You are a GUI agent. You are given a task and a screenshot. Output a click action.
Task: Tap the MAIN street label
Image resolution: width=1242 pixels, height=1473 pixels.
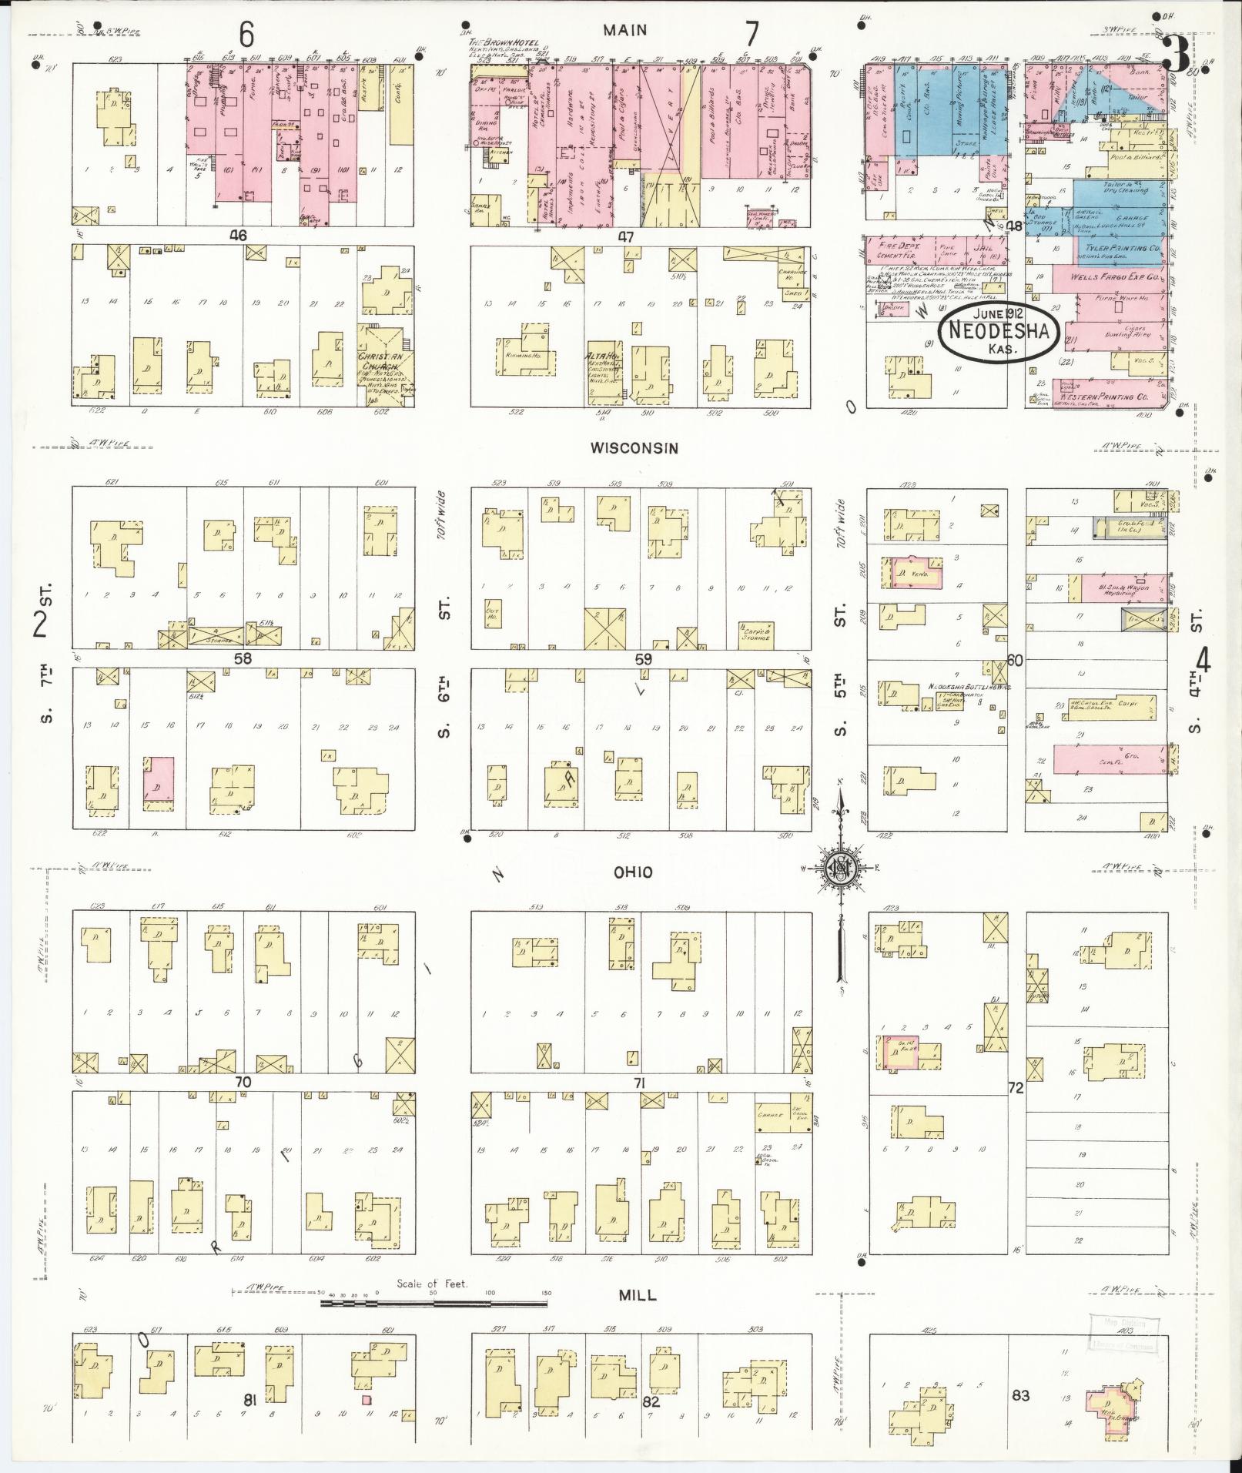pos(624,30)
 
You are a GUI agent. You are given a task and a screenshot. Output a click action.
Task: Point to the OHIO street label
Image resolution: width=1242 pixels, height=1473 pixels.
pos(633,872)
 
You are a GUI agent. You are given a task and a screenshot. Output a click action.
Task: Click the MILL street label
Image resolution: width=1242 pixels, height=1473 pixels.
pos(638,1296)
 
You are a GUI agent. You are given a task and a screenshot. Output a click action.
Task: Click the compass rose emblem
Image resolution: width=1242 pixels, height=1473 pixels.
pos(840,868)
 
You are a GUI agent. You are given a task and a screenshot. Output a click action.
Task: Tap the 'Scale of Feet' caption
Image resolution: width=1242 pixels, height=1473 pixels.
pos(432,1284)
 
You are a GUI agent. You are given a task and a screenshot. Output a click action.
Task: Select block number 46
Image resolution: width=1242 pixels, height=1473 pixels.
pos(238,236)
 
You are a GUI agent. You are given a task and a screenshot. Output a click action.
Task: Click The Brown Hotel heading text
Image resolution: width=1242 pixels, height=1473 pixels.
pos(504,43)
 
